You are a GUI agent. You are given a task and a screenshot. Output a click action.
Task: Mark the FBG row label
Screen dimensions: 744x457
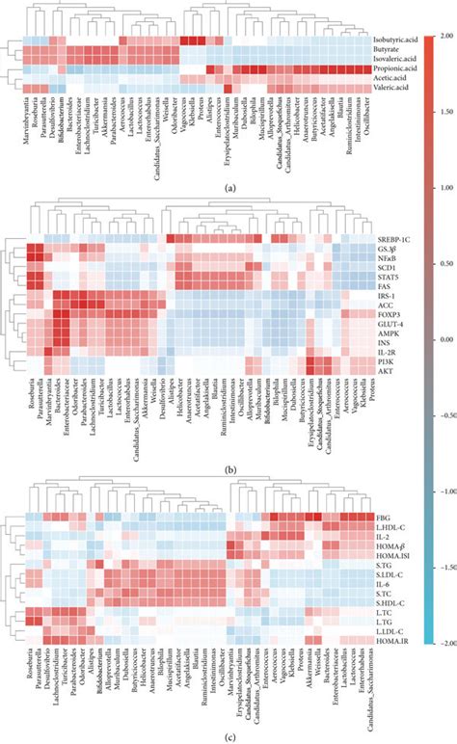click(383, 518)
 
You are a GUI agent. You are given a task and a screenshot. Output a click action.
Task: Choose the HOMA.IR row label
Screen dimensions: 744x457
click(390, 640)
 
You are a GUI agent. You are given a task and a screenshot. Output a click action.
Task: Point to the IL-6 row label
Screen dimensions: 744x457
click(384, 584)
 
